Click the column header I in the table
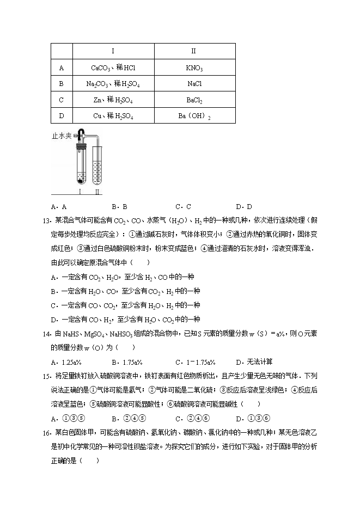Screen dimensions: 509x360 113,51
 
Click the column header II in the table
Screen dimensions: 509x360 194,51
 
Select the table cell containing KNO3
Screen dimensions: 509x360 194,68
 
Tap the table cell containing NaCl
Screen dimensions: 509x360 194,84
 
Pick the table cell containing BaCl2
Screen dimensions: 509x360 194,100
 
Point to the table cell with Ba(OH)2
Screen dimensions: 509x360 194,116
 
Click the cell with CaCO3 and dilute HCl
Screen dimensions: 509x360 113,68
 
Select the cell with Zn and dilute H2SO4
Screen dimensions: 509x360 113,100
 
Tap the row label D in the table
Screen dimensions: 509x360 61,116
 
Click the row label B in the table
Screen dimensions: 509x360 61,84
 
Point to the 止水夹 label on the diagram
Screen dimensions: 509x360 62,135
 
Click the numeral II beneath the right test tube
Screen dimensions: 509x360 97,192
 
